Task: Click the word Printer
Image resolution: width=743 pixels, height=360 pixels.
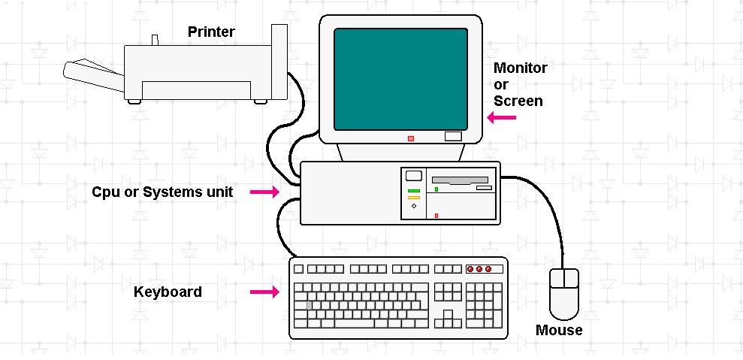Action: tap(211, 32)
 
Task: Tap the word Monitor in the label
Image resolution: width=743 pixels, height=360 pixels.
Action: tap(520, 68)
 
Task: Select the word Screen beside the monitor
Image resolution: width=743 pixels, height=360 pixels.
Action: tap(518, 101)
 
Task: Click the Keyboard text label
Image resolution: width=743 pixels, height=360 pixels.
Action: tap(168, 292)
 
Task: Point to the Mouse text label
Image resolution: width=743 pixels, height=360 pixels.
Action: tap(558, 330)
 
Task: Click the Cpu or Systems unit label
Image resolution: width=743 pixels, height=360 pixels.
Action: tap(162, 192)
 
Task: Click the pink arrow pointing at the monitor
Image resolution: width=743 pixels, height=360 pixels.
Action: tap(502, 117)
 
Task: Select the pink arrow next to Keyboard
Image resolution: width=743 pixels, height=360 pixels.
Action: tap(264, 292)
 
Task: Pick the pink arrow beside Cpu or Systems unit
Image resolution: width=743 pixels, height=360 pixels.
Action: tap(264, 193)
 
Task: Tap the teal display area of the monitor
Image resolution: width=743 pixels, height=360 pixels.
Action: tap(400, 79)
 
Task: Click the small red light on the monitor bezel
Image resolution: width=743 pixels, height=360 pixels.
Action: tap(410, 138)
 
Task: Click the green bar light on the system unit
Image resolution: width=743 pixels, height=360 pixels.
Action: tap(413, 192)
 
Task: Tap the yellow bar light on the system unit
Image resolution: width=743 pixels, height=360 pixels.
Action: tap(413, 198)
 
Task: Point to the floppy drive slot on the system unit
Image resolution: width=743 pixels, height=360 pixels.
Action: tap(460, 181)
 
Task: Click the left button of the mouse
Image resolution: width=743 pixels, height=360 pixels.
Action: tap(558, 280)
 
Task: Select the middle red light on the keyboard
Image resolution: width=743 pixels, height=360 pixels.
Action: tap(479, 269)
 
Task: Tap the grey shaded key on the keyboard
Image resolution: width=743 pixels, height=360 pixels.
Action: tap(308, 305)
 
